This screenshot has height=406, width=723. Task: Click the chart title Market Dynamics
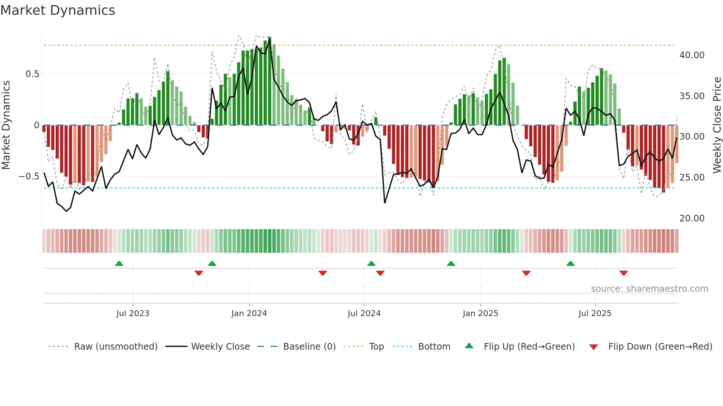(x=58, y=10)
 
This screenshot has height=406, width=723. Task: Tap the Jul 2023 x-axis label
(x=133, y=313)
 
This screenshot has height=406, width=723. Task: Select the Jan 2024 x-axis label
(x=249, y=313)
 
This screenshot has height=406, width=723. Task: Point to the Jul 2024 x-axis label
(x=364, y=313)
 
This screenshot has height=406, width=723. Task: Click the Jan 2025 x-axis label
(x=480, y=313)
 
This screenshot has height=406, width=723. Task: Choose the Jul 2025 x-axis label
(x=595, y=313)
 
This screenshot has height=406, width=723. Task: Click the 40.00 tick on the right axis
(x=692, y=55)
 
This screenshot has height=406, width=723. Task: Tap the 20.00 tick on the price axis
(x=692, y=218)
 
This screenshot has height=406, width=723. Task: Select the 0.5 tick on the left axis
(x=32, y=74)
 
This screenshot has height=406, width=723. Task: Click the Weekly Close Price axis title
(x=717, y=125)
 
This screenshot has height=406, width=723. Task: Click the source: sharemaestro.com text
(x=649, y=288)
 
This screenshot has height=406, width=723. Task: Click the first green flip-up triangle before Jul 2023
(x=119, y=264)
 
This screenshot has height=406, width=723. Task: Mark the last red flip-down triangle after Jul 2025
(x=623, y=273)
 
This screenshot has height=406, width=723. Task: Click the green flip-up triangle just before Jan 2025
(x=451, y=264)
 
